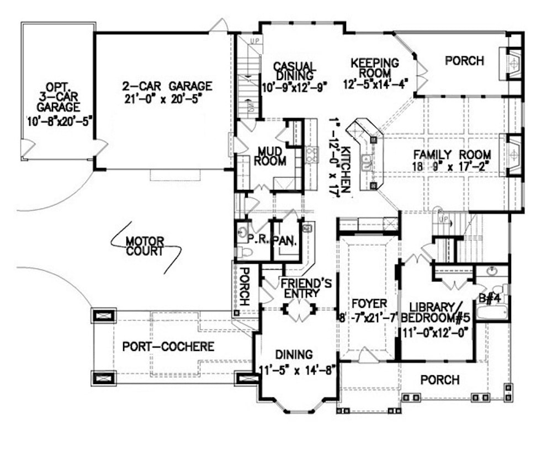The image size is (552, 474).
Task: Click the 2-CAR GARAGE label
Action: (x=167, y=87)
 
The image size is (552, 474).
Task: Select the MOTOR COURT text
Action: (x=145, y=246)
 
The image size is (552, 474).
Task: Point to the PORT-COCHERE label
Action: (x=168, y=347)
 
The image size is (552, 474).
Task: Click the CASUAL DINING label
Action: (x=294, y=71)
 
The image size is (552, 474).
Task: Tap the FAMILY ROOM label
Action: (x=450, y=155)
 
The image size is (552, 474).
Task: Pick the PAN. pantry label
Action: (x=286, y=241)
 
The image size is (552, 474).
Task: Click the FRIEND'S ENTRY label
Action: (x=306, y=289)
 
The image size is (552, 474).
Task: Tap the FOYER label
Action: (x=369, y=303)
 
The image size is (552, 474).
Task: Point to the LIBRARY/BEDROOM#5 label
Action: (x=437, y=312)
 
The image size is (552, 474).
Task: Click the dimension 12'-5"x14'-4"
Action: (x=375, y=84)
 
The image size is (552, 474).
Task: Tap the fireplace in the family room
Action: (x=513, y=155)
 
